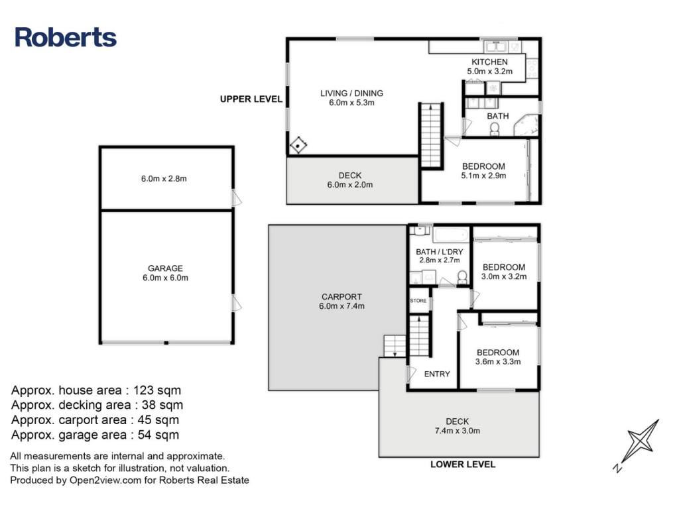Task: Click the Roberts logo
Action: pos(66,37)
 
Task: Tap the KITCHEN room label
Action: pos(489,62)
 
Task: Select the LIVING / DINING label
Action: pos(351,93)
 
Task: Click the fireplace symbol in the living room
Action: pos(298,145)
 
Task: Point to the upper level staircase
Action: pos(431,135)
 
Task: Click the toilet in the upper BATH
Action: pos(494,129)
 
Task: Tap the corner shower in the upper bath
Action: pos(526,125)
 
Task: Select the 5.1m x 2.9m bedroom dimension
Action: pos(483,176)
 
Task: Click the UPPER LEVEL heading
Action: pos(251,99)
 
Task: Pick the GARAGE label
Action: pos(165,268)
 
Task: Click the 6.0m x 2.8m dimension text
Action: pos(164,179)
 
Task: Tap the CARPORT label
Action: pos(341,297)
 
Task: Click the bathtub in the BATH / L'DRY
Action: pos(451,235)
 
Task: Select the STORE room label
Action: pos(418,301)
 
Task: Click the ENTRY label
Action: pos(437,374)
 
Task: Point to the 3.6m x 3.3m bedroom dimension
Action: pos(498,362)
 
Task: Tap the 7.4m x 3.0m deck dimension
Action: pos(458,431)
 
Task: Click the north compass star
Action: pos(641,441)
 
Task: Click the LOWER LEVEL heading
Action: pos(462,465)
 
